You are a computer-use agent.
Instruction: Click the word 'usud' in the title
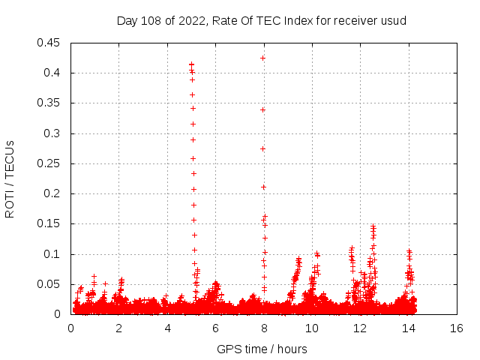[x=394, y=20]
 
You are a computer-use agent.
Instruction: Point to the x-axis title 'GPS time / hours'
[x=262, y=349]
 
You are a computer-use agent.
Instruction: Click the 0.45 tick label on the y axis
[x=50, y=43]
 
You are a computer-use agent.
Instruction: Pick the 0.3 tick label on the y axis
[x=53, y=133]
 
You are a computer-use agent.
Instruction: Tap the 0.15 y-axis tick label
[x=50, y=224]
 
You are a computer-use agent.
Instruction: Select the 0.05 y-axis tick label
[x=50, y=284]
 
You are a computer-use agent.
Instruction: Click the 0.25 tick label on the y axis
[x=50, y=163]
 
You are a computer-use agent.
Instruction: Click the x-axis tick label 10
[x=312, y=328]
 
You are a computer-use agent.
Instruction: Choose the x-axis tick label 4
[x=167, y=328]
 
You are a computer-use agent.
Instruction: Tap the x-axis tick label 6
[x=216, y=328]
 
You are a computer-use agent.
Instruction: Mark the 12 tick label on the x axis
[x=361, y=328]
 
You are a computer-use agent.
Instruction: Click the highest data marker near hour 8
[x=262, y=58]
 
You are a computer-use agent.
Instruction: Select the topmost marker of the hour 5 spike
[x=191, y=64]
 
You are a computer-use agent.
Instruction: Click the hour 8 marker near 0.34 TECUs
[x=262, y=109]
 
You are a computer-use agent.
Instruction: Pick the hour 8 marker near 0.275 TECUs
[x=262, y=148]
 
